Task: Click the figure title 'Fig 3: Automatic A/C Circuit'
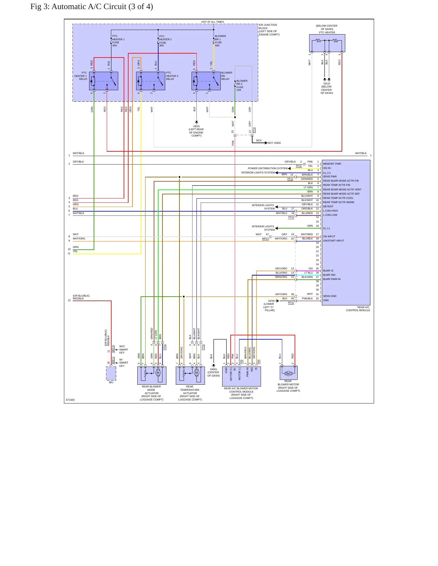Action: [x=79, y=7]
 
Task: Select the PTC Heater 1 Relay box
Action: [x=104, y=81]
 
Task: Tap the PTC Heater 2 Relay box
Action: [x=151, y=81]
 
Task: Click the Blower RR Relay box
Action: [x=206, y=81]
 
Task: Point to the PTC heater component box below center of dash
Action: [x=327, y=43]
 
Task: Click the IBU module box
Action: [x=111, y=373]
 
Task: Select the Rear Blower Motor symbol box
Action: [x=289, y=373]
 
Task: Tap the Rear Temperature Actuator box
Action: [x=190, y=376]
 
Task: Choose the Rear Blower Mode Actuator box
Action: [x=152, y=376]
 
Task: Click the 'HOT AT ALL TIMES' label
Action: [x=212, y=22]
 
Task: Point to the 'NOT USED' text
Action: [x=274, y=143]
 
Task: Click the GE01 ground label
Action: [x=196, y=127]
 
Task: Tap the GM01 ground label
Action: [x=213, y=369]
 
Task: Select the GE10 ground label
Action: [x=327, y=84]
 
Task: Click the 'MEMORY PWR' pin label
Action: [x=332, y=164]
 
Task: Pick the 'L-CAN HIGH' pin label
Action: [x=330, y=211]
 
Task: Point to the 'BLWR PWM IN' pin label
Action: [x=332, y=279]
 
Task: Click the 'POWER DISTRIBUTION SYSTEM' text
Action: [x=268, y=168]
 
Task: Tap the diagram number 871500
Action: [x=70, y=400]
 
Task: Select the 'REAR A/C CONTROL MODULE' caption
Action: [x=358, y=309]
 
